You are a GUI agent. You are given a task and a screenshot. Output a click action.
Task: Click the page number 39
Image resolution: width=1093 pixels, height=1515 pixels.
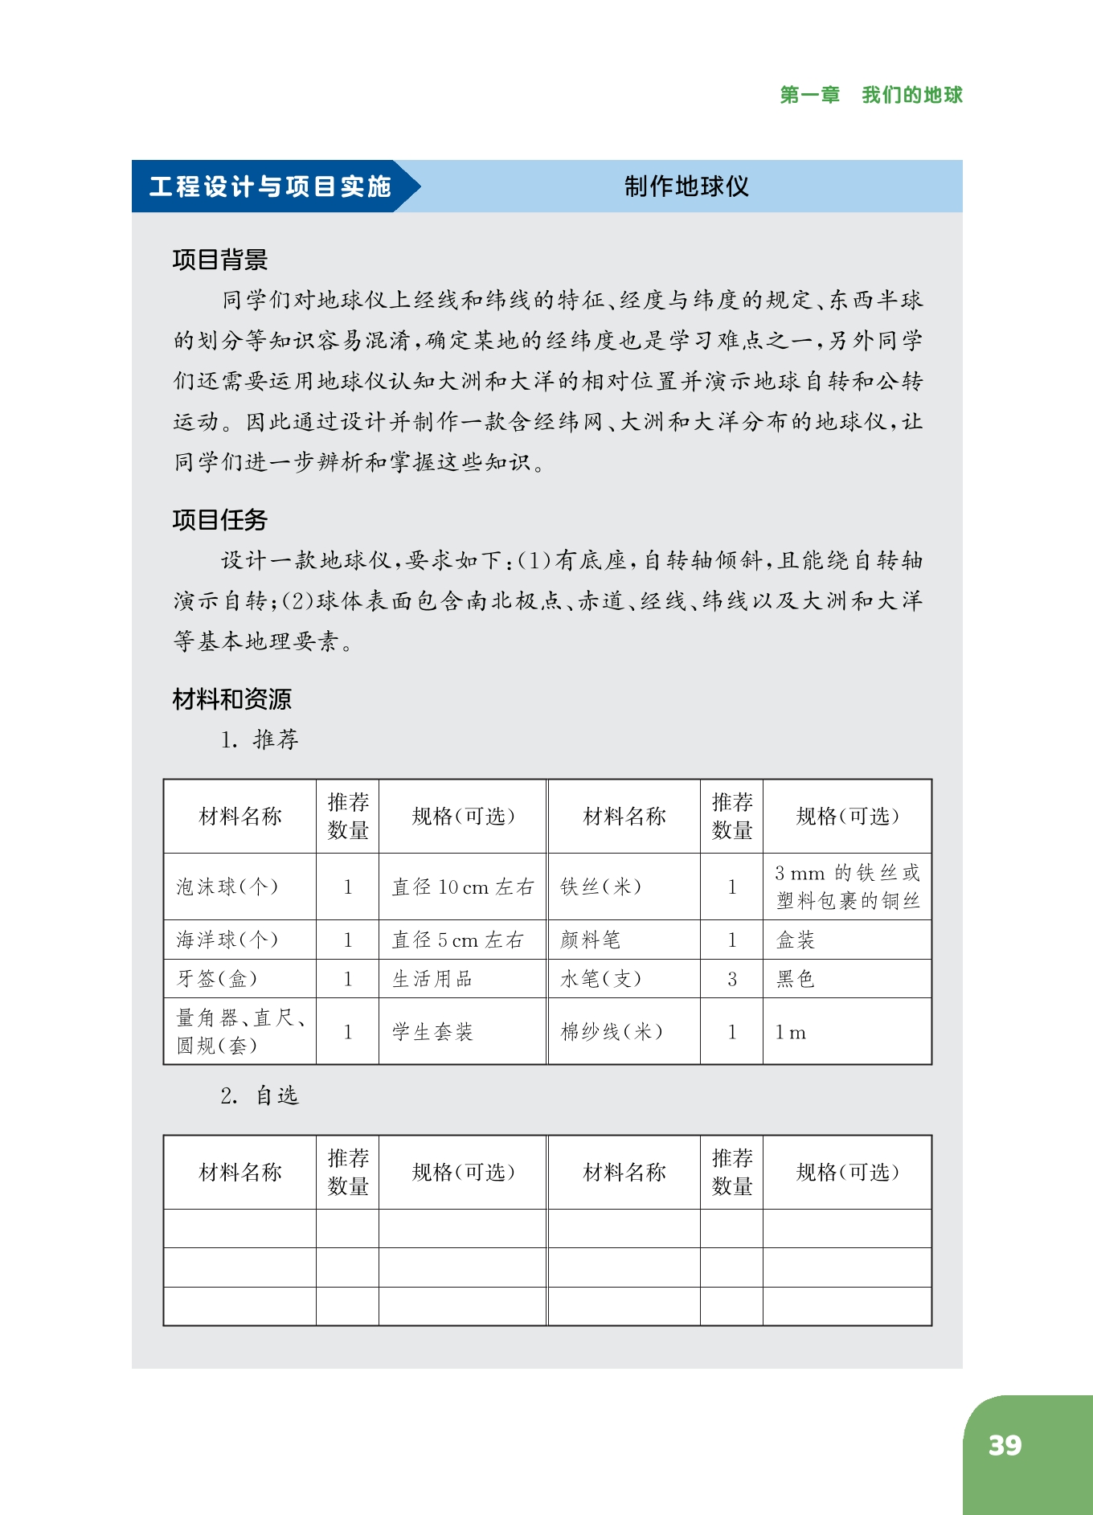point(1005,1445)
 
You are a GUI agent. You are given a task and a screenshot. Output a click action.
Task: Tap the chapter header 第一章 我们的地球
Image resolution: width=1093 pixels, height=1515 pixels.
point(870,95)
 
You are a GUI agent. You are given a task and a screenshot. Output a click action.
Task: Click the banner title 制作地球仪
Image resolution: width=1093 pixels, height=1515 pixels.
point(686,186)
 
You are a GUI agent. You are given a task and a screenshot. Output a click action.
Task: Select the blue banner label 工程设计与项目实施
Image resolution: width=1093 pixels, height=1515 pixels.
point(270,186)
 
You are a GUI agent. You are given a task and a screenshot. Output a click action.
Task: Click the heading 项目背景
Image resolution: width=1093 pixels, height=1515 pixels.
point(219,260)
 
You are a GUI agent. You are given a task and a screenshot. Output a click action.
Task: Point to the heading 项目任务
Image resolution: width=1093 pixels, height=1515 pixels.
point(219,520)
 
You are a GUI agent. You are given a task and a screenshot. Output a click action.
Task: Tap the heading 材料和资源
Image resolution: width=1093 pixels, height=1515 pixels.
point(231,699)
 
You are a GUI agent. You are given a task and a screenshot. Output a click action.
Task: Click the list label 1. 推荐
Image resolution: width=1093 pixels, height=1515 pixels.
point(260,739)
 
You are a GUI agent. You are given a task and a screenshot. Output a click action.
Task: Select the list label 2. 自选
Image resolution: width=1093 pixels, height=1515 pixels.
point(260,1095)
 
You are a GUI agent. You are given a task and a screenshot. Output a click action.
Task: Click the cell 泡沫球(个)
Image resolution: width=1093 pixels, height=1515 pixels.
point(227,886)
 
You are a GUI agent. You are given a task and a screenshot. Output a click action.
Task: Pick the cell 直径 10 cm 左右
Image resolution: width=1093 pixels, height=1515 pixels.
point(462,886)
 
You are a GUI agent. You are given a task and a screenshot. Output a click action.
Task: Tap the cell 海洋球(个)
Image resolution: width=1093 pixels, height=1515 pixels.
point(227,940)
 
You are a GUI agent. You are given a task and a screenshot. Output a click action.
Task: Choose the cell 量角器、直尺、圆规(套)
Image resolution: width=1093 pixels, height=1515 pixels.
point(239,1031)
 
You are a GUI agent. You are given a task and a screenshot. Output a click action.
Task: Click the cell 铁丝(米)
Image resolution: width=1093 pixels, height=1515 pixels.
point(601,886)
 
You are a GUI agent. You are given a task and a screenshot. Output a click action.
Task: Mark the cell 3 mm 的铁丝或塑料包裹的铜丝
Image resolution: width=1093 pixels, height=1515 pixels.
point(847,886)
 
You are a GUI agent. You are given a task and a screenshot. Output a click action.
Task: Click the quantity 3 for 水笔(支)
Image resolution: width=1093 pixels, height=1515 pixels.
point(731,979)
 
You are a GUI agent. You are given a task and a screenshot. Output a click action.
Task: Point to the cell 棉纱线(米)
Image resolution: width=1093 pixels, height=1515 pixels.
point(612,1032)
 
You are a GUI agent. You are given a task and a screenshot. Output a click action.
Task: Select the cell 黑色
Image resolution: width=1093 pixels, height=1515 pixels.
point(796,979)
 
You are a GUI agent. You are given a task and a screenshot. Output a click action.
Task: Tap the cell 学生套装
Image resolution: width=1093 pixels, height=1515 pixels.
point(432,1032)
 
